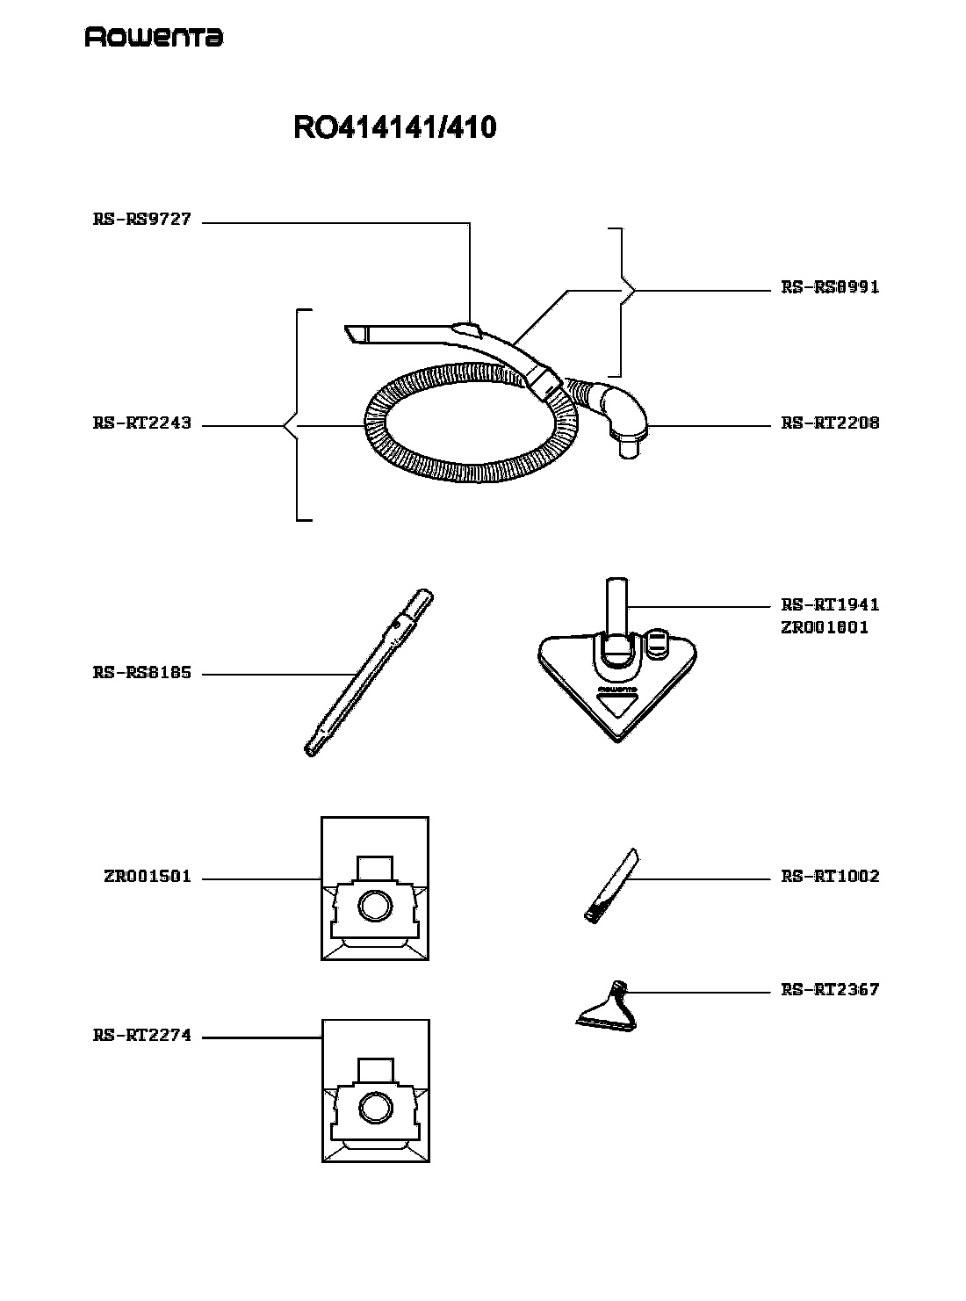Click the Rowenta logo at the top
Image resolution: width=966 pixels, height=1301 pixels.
(154, 37)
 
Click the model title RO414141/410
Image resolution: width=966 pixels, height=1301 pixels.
(394, 127)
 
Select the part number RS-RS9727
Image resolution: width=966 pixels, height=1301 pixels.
(142, 220)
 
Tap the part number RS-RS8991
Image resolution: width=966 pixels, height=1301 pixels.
(830, 287)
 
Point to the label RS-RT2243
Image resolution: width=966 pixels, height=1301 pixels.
(142, 423)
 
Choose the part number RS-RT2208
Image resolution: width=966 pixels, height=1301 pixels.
(830, 423)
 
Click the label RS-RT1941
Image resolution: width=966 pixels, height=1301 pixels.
(830, 604)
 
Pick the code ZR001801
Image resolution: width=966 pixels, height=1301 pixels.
(824, 627)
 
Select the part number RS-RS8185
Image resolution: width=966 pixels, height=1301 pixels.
(142, 672)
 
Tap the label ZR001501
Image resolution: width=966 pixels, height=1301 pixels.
(148, 877)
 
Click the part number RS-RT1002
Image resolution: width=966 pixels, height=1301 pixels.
(830, 877)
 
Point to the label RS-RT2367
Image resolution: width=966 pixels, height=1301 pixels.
(830, 989)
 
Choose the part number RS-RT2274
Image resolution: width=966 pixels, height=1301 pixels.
(142, 1036)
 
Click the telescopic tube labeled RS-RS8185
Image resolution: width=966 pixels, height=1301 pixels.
(368, 672)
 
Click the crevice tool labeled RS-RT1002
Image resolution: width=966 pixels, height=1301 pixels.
(612, 885)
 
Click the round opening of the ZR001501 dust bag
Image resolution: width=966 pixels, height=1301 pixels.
(374, 906)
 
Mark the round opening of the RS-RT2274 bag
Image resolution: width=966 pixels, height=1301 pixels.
(375, 1108)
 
